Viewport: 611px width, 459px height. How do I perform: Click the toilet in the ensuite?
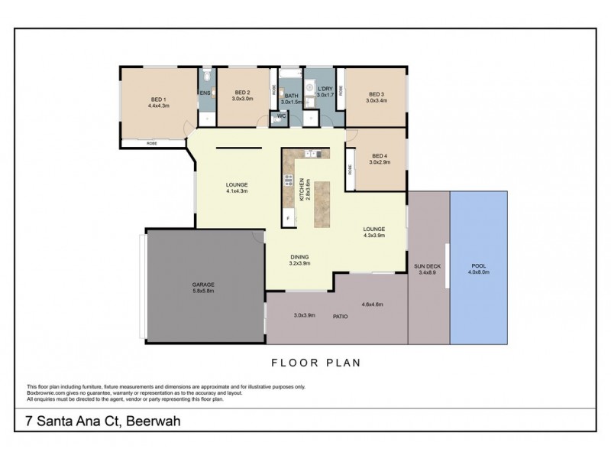tap(208, 77)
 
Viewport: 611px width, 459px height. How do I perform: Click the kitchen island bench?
tap(322, 205)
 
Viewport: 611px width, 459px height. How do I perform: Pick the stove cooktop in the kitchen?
tap(289, 181)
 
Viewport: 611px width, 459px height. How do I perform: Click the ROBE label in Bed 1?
tap(152, 143)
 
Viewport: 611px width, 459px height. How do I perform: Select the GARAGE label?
tap(202, 284)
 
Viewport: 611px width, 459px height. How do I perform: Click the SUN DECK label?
tap(427, 265)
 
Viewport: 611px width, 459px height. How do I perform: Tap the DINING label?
tap(299, 256)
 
